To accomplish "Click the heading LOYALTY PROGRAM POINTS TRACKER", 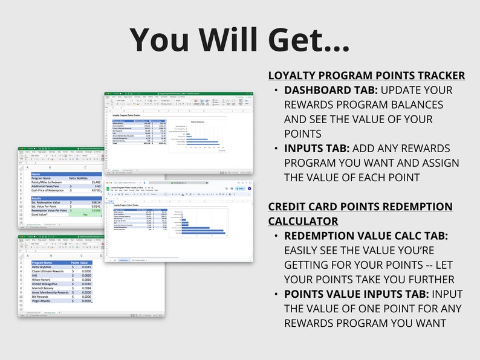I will point(366,76).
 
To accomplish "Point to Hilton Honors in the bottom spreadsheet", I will point(42,280).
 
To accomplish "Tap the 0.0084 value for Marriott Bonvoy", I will point(87,288).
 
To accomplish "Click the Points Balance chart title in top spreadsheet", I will point(199,121).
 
